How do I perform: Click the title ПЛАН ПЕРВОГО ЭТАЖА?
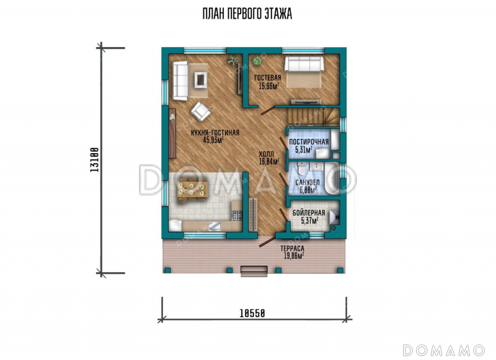pyautogui.click(x=247, y=14)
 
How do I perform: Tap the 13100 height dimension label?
pyautogui.click(x=95, y=160)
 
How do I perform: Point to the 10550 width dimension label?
pyautogui.click(x=252, y=314)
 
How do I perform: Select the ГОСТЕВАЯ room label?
pyautogui.click(x=268, y=77)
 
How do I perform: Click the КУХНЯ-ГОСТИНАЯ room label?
pyautogui.click(x=215, y=133)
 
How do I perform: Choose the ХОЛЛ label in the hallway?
pyautogui.click(x=267, y=154)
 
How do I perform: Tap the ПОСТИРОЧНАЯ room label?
pyautogui.click(x=309, y=142)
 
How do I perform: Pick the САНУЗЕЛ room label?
pyautogui.click(x=307, y=183)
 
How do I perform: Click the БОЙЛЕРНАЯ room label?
pyautogui.click(x=309, y=213)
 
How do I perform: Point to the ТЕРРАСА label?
pyautogui.click(x=292, y=248)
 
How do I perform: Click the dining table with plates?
pyautogui.click(x=192, y=189)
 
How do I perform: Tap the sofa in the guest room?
pyautogui.click(x=304, y=64)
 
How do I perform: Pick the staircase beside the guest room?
pyautogui.click(x=312, y=116)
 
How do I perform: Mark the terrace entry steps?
pyautogui.click(x=254, y=271)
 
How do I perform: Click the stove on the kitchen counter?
pyautogui.click(x=237, y=216)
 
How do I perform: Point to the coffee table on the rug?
pyautogui.click(x=200, y=79)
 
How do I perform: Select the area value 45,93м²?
pyautogui.click(x=213, y=140)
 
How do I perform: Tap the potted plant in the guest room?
pyautogui.click(x=257, y=60)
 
